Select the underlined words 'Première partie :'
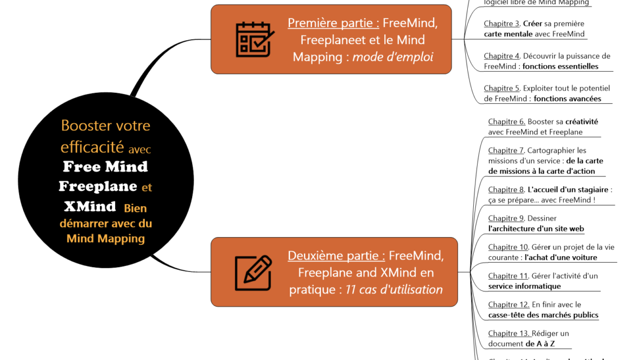coord(333,23)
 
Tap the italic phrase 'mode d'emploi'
coord(393,56)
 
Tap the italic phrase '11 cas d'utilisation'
coord(394,289)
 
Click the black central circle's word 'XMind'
coord(90,206)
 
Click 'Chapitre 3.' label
coord(502,24)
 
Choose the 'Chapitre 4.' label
coord(502,56)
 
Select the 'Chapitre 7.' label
coord(506,150)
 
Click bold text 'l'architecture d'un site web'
coord(536,229)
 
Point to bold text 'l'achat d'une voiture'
coord(561,257)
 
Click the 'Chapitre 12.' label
coord(509,305)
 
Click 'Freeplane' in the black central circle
coord(98,186)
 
